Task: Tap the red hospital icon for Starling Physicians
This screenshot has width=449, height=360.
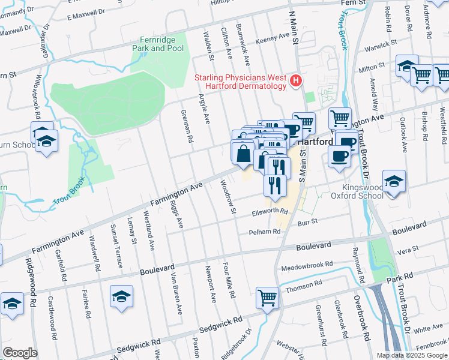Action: point(295,80)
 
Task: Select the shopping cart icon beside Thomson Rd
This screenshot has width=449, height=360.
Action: point(267,297)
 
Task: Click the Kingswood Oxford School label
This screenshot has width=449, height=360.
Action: point(358,191)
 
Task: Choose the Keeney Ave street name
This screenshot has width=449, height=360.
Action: point(273,37)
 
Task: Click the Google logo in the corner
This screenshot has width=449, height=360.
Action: point(20,353)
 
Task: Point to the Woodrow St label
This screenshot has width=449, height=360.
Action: point(229,198)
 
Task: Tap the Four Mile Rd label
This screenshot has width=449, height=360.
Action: point(226,278)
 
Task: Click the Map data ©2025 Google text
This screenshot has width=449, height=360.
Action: point(411,355)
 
